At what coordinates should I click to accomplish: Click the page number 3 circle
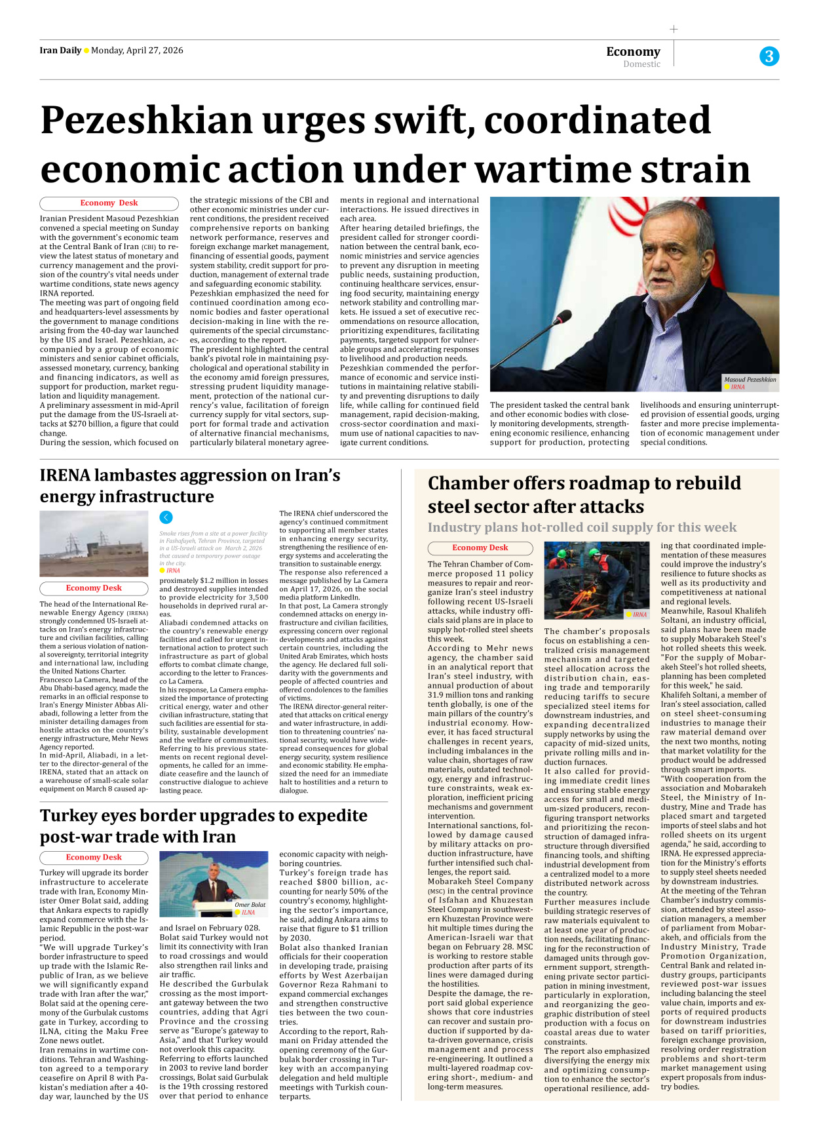pyautogui.click(x=769, y=56)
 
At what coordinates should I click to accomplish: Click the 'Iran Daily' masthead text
pyautogui.click(x=60, y=50)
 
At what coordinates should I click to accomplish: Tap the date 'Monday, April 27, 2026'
pyautogui.click(x=137, y=50)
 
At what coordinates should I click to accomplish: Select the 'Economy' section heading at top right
pyautogui.click(x=633, y=51)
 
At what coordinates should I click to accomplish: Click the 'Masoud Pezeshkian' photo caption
pyautogui.click(x=750, y=380)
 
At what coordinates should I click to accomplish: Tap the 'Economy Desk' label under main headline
pyautogui.click(x=109, y=203)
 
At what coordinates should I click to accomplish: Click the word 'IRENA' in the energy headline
pyautogui.click(x=64, y=475)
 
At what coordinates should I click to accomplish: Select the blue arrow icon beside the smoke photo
pyautogui.click(x=166, y=517)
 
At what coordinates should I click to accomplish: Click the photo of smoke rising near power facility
pyautogui.click(x=94, y=544)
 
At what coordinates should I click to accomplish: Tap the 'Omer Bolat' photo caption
pyautogui.click(x=250, y=905)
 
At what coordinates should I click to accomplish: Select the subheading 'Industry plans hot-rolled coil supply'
pyautogui.click(x=582, y=527)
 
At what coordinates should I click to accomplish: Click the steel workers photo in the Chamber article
pyautogui.click(x=596, y=580)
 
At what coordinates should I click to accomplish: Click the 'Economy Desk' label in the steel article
pyautogui.click(x=480, y=548)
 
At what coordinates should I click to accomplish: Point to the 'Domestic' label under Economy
pyautogui.click(x=641, y=64)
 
